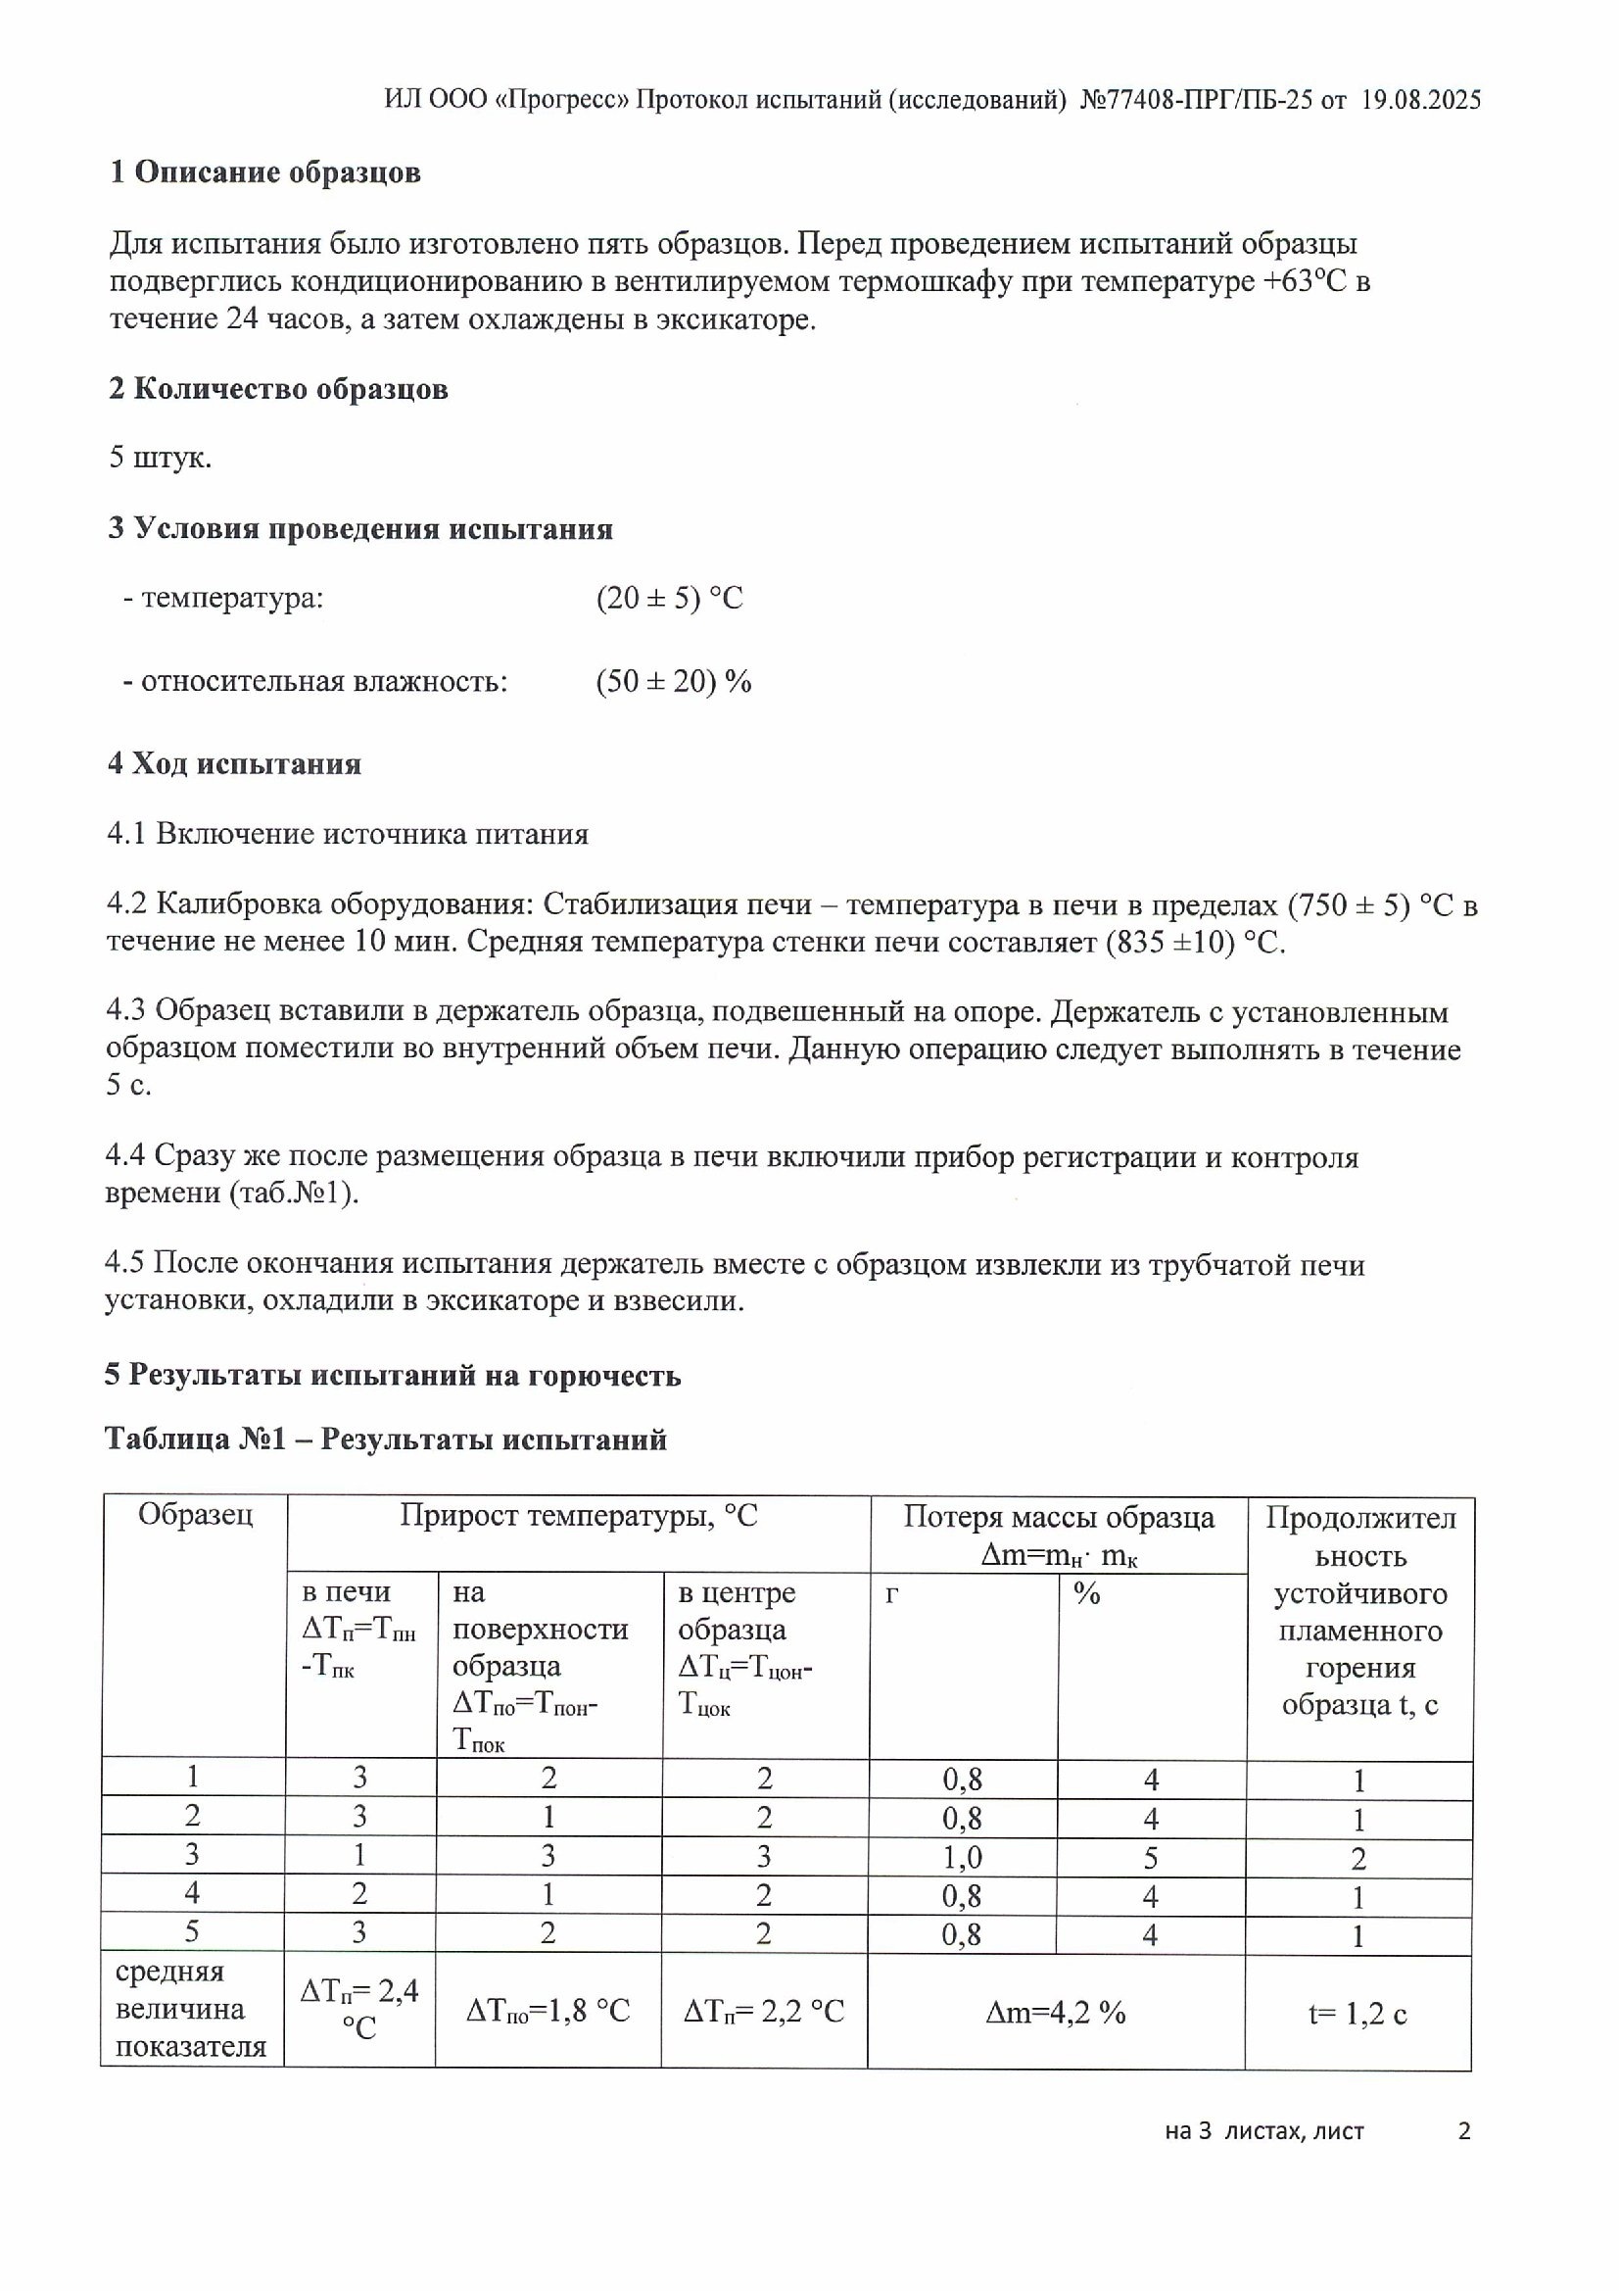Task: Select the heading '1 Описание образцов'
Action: [265, 172]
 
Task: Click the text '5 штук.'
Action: [160, 458]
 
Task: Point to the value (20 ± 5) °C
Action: [669, 599]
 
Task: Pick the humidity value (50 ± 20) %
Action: [673, 683]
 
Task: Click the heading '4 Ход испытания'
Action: [234, 764]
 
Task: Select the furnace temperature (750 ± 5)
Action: [1349, 906]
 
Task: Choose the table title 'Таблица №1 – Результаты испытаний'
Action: [385, 1439]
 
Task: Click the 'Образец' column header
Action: [196, 1516]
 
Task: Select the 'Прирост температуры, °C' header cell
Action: [579, 1517]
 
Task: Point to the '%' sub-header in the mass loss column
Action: [1087, 1593]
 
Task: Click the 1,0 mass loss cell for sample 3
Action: [963, 1857]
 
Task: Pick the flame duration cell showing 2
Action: [1358, 1858]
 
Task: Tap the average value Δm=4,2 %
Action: [1056, 2013]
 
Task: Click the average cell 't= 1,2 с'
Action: [1357, 2014]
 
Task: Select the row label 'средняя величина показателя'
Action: [192, 2010]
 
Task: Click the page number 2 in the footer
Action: [1464, 2131]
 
